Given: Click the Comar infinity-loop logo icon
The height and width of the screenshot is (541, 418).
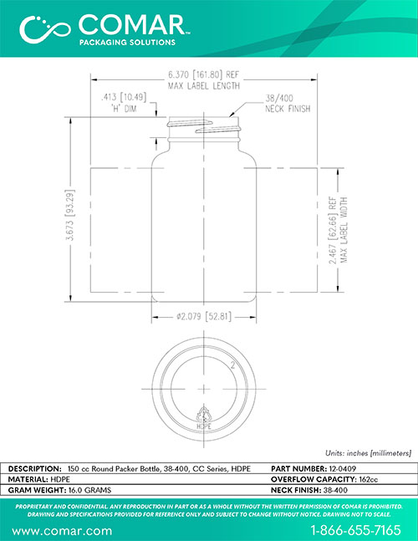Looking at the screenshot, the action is [45, 29].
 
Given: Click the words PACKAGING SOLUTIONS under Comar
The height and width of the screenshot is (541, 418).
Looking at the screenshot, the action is [127, 43].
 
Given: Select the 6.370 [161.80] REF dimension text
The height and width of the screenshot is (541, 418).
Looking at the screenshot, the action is [203, 74].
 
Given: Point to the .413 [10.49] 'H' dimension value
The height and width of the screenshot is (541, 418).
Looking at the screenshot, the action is [124, 97].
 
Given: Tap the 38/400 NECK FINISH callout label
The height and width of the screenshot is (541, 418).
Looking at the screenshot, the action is [288, 104].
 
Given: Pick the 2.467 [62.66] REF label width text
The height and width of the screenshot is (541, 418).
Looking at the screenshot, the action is [333, 230].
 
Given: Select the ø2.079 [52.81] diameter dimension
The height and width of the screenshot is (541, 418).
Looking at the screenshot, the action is [203, 316].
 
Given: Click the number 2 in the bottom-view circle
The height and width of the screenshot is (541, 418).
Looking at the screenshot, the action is [232, 365].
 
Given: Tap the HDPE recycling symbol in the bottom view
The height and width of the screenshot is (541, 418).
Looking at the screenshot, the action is [204, 417].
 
